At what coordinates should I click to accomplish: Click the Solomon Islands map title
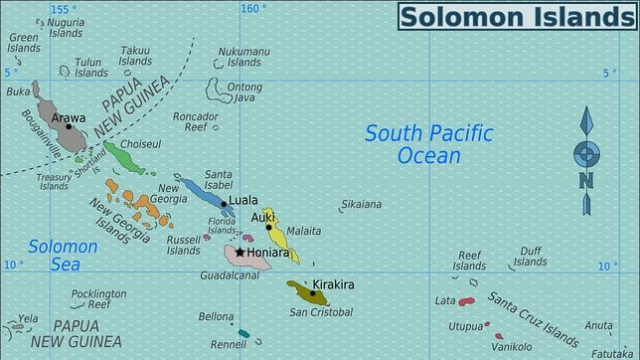(517, 17)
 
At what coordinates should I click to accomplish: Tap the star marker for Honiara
(240, 253)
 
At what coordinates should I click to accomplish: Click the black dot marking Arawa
(69, 126)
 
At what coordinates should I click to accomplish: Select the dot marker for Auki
(268, 227)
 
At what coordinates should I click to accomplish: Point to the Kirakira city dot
(314, 293)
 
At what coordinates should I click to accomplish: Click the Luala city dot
(225, 204)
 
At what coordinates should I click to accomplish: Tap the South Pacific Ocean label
(427, 144)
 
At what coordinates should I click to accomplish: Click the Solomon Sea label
(63, 255)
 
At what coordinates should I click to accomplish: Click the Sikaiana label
(361, 205)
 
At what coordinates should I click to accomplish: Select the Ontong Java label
(244, 91)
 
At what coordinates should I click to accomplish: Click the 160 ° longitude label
(253, 9)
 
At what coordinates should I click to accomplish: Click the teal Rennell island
(243, 333)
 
